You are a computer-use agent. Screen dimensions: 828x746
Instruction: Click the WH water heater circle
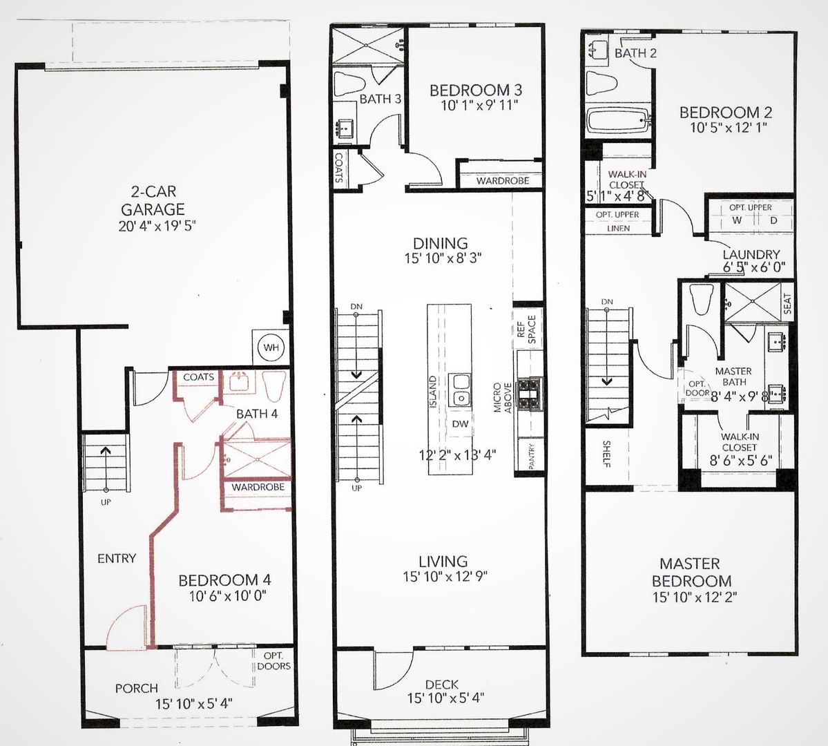(x=271, y=347)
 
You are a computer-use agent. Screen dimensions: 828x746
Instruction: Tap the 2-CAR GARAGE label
(x=153, y=200)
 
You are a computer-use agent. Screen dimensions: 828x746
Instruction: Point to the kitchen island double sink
(x=459, y=390)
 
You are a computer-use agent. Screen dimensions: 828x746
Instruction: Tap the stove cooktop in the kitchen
(x=530, y=394)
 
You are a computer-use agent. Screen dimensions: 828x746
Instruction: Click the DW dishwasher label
(x=460, y=423)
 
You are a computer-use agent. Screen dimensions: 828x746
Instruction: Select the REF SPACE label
(x=526, y=329)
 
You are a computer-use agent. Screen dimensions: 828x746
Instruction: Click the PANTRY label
(x=530, y=455)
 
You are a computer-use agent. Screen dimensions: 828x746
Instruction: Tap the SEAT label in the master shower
(x=787, y=304)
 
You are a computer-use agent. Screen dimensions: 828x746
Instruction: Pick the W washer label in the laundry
(x=736, y=220)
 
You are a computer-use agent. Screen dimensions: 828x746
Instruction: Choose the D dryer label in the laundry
(x=773, y=220)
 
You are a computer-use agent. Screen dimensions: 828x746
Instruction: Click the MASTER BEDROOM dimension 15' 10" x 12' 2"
(x=695, y=597)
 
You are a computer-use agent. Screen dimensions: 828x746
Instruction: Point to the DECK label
(x=441, y=685)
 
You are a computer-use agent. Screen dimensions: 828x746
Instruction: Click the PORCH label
(x=137, y=688)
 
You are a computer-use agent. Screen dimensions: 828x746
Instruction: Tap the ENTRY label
(x=117, y=558)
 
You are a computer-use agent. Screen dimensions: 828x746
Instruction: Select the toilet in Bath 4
(x=274, y=386)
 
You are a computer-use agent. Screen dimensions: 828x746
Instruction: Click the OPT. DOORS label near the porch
(x=273, y=660)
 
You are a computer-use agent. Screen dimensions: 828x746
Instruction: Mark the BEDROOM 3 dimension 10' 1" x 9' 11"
(x=479, y=105)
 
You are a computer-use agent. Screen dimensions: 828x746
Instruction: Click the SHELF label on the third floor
(x=606, y=454)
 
